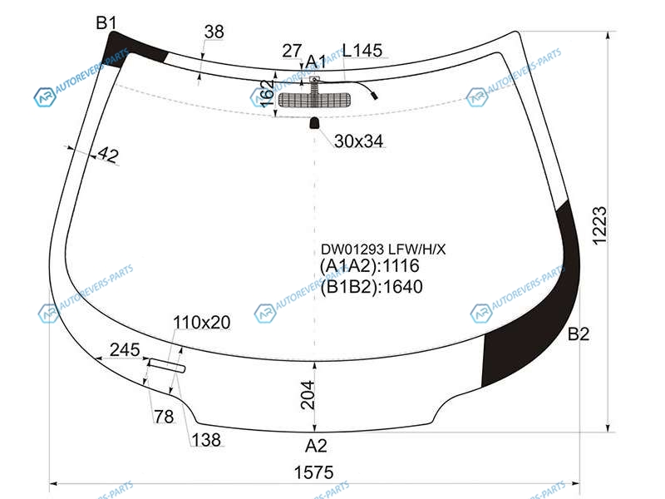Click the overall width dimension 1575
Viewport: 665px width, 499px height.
tap(314, 472)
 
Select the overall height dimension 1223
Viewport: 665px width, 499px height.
tap(599, 225)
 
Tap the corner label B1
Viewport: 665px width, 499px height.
tap(106, 22)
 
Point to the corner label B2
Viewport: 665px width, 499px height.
tap(579, 334)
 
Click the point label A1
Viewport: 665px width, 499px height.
tap(316, 62)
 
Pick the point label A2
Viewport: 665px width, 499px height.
tap(316, 446)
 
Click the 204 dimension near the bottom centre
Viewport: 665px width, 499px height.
tap(308, 395)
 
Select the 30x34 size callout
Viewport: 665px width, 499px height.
tap(358, 141)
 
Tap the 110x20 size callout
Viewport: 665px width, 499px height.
tap(201, 323)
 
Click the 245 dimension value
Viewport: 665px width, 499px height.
tap(125, 349)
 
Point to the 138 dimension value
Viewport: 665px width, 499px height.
tap(206, 440)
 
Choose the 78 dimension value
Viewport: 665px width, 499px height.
tap(164, 417)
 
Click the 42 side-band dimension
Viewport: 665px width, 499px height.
tap(108, 155)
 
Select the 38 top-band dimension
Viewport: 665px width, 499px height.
tap(214, 32)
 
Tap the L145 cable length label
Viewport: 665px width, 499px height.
tap(362, 51)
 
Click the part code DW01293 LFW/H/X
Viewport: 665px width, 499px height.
tap(383, 249)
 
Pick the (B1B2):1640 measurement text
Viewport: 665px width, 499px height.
tap(372, 287)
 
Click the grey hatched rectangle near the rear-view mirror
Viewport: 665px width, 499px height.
tap(314, 100)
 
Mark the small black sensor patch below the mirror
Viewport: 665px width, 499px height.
tap(314, 123)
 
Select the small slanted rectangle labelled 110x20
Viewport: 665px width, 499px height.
tap(167, 365)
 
